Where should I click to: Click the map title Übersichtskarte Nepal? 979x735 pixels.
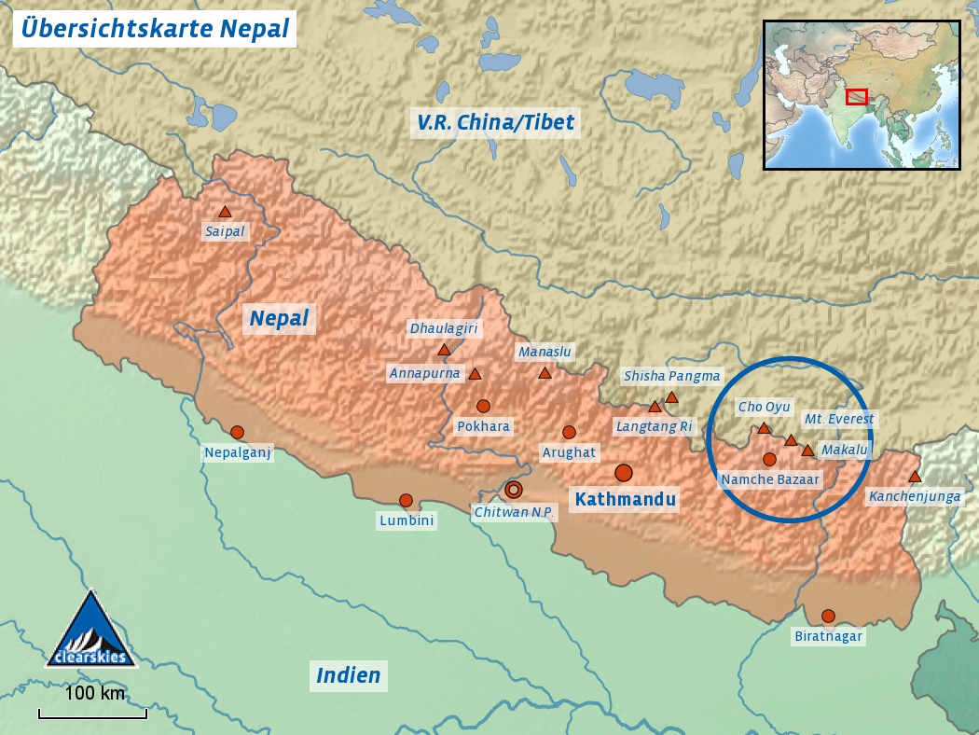coord(155,28)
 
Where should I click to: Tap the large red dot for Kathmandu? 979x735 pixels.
coord(624,473)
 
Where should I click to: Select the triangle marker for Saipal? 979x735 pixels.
coord(225,213)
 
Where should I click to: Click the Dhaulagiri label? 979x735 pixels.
coord(444,328)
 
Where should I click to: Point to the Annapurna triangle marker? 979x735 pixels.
coord(475,374)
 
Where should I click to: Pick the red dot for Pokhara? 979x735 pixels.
coord(483,406)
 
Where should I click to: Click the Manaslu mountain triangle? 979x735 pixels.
coord(545,373)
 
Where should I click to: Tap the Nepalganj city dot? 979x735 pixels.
coord(237,432)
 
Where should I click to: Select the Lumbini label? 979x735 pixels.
coord(407,521)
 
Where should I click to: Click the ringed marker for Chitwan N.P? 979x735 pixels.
coord(514,489)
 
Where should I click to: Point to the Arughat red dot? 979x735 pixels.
coord(569,432)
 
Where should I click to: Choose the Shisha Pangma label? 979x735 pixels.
coord(672,376)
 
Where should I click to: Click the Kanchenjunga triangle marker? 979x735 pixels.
coord(915,477)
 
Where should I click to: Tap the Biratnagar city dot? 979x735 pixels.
coord(828,616)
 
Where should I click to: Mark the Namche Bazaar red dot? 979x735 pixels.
coord(769,459)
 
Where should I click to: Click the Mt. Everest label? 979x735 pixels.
coord(839,420)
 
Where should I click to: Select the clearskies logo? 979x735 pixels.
coord(90,630)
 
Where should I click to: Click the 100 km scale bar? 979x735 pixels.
coord(92,714)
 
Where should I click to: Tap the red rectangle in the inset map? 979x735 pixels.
coord(857,96)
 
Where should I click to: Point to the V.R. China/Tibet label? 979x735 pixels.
coord(496,122)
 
